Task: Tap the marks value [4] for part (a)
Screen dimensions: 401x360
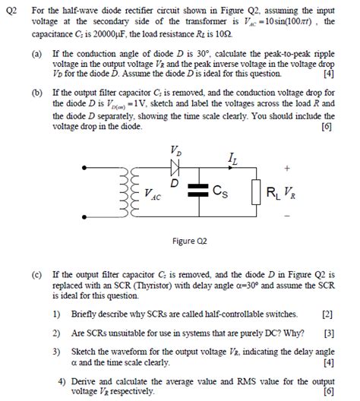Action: (327, 74)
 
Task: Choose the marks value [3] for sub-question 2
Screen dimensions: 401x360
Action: (327, 332)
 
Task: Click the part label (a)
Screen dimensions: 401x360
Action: (36, 55)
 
